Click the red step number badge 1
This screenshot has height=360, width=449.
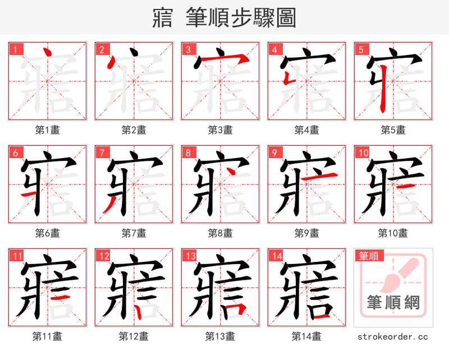pos(14,49)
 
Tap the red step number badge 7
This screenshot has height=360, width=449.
pos(100,152)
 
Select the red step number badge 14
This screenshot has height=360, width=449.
pos(274,256)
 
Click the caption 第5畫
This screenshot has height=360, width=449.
pos(393,130)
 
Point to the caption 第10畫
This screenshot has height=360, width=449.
pos(393,233)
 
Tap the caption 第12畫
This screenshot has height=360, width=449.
pos(134,336)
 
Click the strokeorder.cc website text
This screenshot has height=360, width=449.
pos(393,336)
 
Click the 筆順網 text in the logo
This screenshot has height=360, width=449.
pos(393,303)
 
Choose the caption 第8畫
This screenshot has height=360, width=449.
pos(220,233)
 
